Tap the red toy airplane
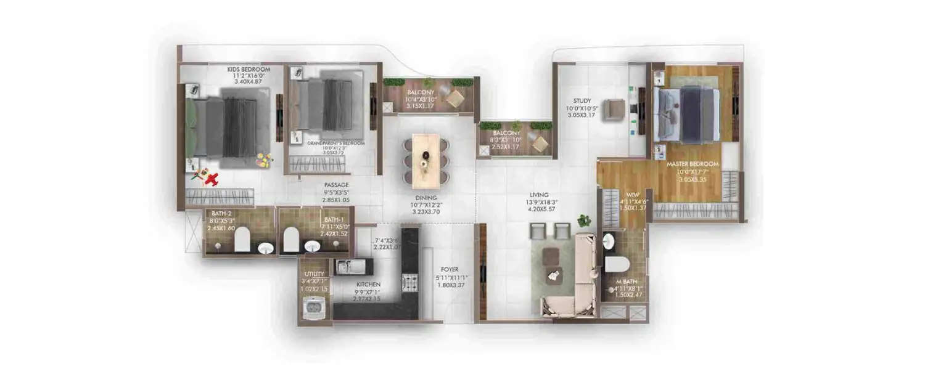[x=212, y=180]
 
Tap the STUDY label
[x=582, y=100]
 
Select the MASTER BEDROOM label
[x=693, y=164]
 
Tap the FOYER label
[x=448, y=269]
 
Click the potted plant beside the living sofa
[x=583, y=220]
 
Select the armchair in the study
[x=614, y=108]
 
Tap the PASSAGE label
[x=337, y=185]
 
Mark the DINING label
[x=425, y=197]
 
